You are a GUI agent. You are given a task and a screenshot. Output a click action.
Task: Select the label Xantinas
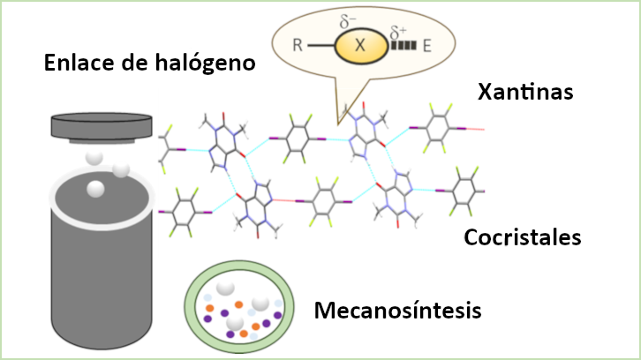pyautogui.click(x=524, y=92)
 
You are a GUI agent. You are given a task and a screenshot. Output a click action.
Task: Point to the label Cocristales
pyautogui.click(x=523, y=238)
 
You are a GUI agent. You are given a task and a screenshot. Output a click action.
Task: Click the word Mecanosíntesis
pyautogui.click(x=397, y=311)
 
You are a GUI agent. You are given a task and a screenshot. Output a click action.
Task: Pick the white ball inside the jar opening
pyautogui.click(x=95, y=187)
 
